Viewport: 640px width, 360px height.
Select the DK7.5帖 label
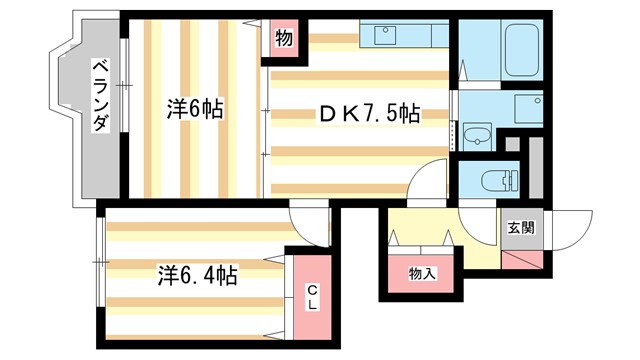(x=369, y=115)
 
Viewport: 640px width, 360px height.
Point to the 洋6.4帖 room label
(x=196, y=274)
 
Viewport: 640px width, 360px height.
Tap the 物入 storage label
(x=421, y=273)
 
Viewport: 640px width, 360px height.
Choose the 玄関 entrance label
(x=520, y=227)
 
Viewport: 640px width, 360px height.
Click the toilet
(x=495, y=181)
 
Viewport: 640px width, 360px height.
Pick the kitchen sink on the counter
(x=385, y=37)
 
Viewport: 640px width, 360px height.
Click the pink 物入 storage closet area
(x=421, y=274)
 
